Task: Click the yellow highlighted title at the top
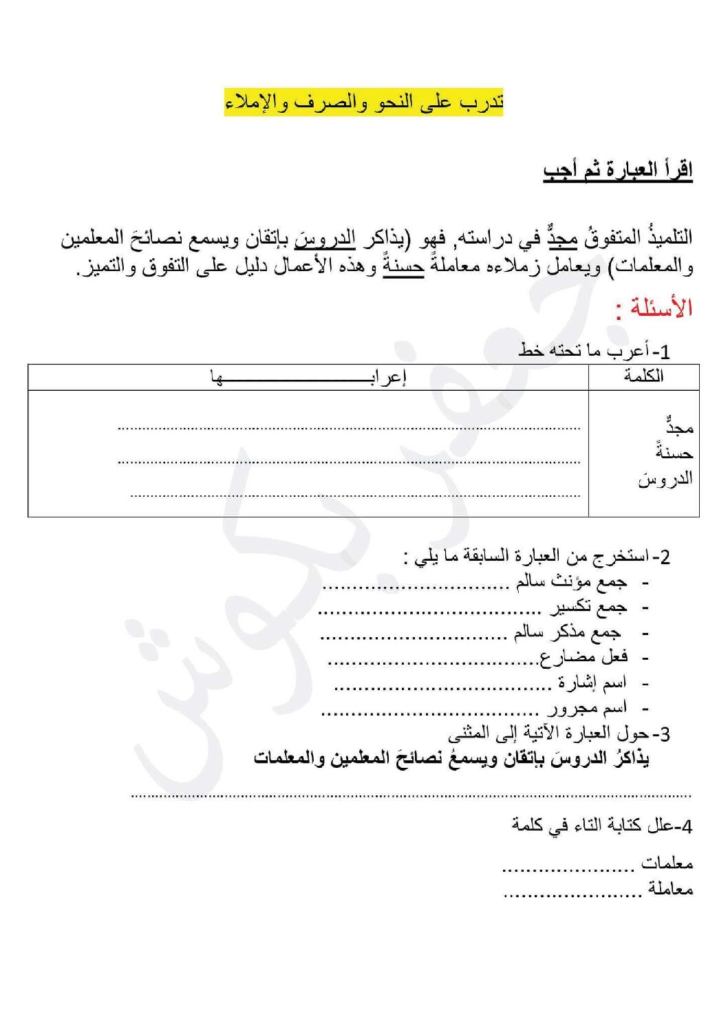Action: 363,103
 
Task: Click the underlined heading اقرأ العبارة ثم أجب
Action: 617,170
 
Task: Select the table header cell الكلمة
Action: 643,376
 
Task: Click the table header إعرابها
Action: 308,377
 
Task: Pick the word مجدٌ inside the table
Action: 678,427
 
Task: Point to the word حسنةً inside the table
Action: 674,452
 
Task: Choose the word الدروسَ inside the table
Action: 665,478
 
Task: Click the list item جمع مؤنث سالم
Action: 571,582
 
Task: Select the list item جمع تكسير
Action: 588,607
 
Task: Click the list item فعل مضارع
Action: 584,657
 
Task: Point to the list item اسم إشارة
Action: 592,683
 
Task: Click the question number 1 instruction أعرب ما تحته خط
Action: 594,351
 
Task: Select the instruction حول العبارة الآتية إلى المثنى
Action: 559,733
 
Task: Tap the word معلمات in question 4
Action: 667,863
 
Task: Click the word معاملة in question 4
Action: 670,889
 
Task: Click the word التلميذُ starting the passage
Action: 666,238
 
